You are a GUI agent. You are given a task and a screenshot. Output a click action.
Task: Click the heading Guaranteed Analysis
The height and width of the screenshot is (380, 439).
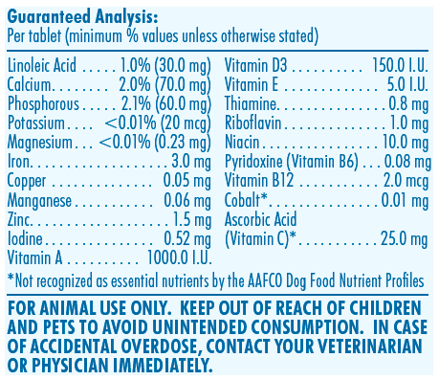(82, 17)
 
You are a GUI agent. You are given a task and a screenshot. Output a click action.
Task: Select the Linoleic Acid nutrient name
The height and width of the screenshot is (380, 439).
(42, 65)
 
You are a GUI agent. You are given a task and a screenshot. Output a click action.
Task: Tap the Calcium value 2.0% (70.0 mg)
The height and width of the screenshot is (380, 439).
(165, 85)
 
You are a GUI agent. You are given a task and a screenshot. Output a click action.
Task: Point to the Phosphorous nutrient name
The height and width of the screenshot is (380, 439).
(43, 104)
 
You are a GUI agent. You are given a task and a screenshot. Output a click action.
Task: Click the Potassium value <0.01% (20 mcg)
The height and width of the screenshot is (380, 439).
(158, 123)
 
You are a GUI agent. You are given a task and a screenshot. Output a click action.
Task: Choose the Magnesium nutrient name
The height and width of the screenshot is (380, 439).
(40, 143)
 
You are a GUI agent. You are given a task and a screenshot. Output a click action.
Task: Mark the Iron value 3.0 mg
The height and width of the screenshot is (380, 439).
(191, 162)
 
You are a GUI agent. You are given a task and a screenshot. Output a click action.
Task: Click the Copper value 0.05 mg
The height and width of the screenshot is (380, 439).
(187, 181)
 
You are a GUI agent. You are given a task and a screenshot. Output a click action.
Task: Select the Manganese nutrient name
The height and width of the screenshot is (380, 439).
(39, 201)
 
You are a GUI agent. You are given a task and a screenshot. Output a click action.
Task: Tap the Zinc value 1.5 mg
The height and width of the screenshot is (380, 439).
(192, 219)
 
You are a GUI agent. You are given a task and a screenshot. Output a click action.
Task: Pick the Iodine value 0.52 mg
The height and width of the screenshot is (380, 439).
(187, 238)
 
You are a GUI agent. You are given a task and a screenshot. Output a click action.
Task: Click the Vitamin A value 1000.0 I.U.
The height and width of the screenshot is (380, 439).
(180, 257)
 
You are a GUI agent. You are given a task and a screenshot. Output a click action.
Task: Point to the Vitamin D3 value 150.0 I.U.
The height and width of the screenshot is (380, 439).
(400, 65)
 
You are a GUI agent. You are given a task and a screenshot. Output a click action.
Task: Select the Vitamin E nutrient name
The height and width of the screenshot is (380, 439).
(252, 84)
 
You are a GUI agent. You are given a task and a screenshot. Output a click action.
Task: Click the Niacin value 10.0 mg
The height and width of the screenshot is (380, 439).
(406, 143)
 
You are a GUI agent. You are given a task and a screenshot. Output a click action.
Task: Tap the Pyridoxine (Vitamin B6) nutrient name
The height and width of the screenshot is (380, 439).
(292, 162)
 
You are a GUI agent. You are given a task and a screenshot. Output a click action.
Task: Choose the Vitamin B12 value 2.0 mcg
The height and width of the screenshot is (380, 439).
(406, 181)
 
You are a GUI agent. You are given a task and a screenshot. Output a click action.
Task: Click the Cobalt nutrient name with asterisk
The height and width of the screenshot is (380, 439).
(246, 200)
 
